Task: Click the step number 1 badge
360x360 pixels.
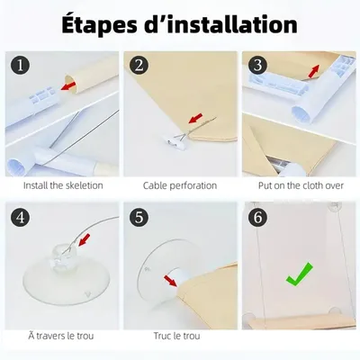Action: pyautogui.click(x=21, y=66)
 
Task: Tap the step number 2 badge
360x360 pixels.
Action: pyautogui.click(x=139, y=66)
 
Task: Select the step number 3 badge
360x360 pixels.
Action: pyautogui.click(x=258, y=66)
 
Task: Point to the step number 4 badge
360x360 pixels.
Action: pyautogui.click(x=21, y=218)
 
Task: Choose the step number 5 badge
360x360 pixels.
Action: pyautogui.click(x=139, y=218)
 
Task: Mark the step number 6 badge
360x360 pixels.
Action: pyautogui.click(x=258, y=218)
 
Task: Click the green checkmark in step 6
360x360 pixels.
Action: pyautogui.click(x=299, y=274)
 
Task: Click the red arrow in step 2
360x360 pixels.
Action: pyautogui.click(x=195, y=118)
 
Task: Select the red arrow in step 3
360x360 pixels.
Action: pyautogui.click(x=313, y=71)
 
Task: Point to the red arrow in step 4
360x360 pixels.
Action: pyautogui.click(x=85, y=240)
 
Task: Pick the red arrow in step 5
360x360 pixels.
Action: pyautogui.click(x=170, y=281)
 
